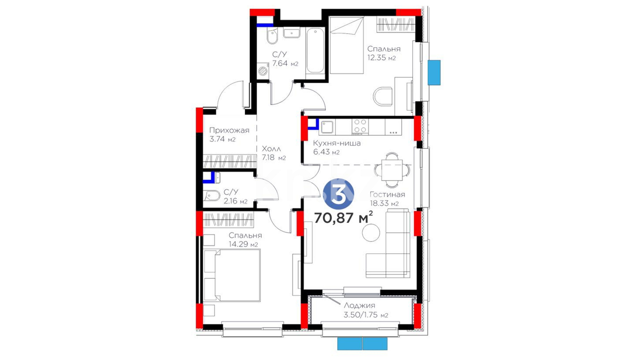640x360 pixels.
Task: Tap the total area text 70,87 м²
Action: tap(343, 218)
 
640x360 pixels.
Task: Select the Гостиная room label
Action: tap(387, 194)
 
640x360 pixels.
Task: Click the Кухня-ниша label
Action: tap(337, 143)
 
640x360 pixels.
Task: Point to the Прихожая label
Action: tap(229, 130)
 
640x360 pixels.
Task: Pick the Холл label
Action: tap(271, 149)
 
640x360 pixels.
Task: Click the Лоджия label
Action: tap(359, 305)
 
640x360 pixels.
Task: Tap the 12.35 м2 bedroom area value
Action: tap(381, 58)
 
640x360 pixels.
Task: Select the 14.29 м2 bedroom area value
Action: tap(243, 244)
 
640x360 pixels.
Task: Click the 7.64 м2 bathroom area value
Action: tap(285, 63)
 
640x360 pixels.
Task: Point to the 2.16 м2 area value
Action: tap(236, 201)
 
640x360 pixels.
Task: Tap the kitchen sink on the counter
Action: tap(327, 127)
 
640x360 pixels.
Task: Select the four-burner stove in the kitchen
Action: tap(360, 127)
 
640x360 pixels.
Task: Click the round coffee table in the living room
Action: tap(371, 232)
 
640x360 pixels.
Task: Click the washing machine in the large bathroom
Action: tap(263, 71)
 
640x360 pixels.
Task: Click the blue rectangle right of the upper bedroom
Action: tap(434, 73)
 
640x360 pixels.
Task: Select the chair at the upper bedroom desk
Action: tap(383, 97)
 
